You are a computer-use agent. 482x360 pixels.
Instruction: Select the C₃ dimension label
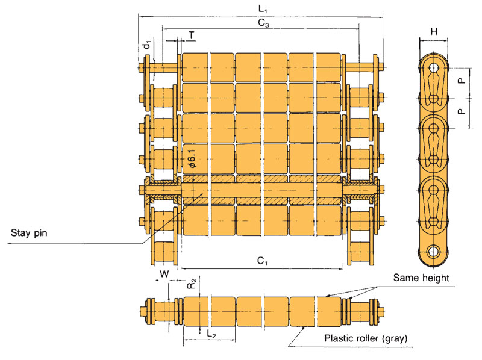(263, 23)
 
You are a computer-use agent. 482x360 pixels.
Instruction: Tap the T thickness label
(191, 36)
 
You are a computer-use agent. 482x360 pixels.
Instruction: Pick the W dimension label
(163, 274)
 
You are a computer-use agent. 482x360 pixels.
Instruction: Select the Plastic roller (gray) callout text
(366, 338)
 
